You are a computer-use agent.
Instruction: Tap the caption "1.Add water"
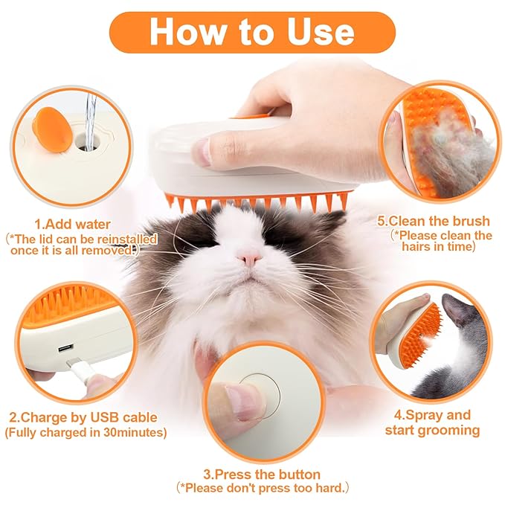(x=72, y=224)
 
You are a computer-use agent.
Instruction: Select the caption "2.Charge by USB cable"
(x=85, y=416)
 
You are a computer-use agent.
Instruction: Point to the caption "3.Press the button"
(x=261, y=474)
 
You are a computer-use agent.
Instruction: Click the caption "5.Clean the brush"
(x=434, y=221)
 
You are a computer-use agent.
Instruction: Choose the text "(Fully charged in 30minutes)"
(x=86, y=432)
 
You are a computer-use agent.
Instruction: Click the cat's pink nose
(x=249, y=259)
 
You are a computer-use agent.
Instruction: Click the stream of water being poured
(x=90, y=112)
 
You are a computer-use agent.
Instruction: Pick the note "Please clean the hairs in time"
(x=442, y=240)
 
